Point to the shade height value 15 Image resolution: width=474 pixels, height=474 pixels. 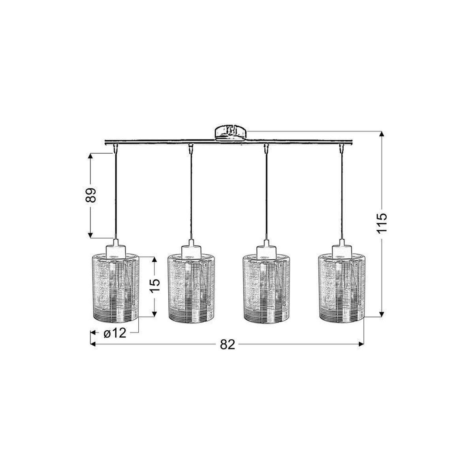(154, 285)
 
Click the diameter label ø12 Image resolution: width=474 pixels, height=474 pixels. (115, 333)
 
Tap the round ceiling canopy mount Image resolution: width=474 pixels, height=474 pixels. (231, 134)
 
